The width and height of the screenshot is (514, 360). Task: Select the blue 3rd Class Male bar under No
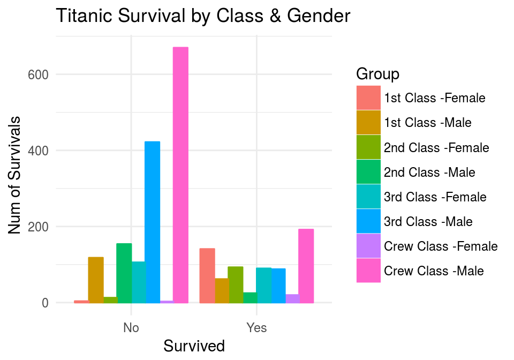[x=152, y=222]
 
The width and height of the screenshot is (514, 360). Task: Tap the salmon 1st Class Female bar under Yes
[x=207, y=275]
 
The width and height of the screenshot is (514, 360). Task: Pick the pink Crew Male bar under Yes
[x=306, y=266]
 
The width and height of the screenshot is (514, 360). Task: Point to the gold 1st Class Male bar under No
[x=96, y=280]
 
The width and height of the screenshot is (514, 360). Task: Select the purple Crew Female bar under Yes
[x=292, y=298]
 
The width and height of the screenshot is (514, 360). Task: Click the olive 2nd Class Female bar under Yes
[x=236, y=284]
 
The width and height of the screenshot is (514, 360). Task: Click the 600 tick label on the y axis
[x=38, y=75]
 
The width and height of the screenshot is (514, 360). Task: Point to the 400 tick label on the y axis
[x=38, y=151]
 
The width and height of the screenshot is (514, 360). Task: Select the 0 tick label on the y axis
[x=45, y=303]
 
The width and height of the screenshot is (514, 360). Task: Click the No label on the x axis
[x=131, y=328]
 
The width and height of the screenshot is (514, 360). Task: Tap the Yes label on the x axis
[x=256, y=328]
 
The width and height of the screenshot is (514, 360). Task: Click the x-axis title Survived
[x=194, y=346]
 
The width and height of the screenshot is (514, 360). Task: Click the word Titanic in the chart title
[x=83, y=17]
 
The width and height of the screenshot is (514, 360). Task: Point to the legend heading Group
[x=377, y=73]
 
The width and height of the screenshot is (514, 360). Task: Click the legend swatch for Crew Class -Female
[x=368, y=246]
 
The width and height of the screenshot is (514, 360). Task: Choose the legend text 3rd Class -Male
[x=428, y=222]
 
